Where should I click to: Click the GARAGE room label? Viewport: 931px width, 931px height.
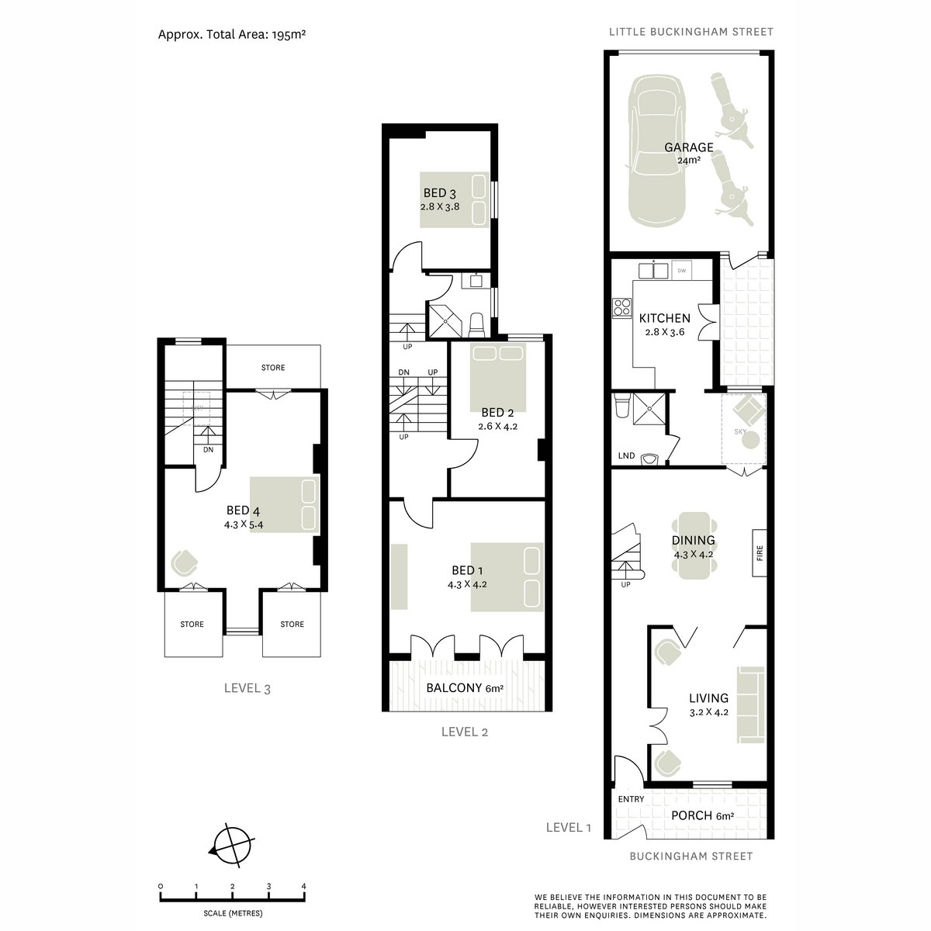point(688,147)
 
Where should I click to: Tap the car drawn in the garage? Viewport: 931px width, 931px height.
point(657,151)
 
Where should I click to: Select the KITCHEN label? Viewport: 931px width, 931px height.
point(664,318)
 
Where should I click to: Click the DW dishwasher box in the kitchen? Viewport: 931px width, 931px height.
point(681,271)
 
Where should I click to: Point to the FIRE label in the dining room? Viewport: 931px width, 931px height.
point(760,552)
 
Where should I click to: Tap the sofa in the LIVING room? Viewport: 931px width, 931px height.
point(751,703)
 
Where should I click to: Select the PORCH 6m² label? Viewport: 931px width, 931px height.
point(702,815)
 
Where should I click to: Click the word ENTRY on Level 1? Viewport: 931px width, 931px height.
point(631,799)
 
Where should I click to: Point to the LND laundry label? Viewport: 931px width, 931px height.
point(626,455)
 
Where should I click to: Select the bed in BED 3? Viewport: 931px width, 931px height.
point(455,199)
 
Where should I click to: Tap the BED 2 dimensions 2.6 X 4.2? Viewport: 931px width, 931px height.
point(497,426)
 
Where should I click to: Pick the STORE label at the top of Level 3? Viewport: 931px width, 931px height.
point(273,368)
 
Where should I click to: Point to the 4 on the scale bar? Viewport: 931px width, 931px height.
point(303,886)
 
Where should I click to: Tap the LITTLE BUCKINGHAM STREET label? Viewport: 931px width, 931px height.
point(690,32)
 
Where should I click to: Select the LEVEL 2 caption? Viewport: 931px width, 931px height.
point(464,731)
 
